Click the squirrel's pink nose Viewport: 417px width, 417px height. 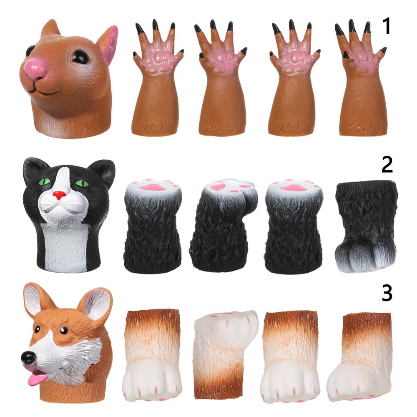(x=35, y=69)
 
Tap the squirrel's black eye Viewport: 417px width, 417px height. (x=80, y=56)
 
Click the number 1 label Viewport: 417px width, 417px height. (x=387, y=26)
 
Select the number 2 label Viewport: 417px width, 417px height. (x=387, y=165)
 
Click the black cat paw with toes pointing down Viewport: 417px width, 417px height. (x=366, y=226)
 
